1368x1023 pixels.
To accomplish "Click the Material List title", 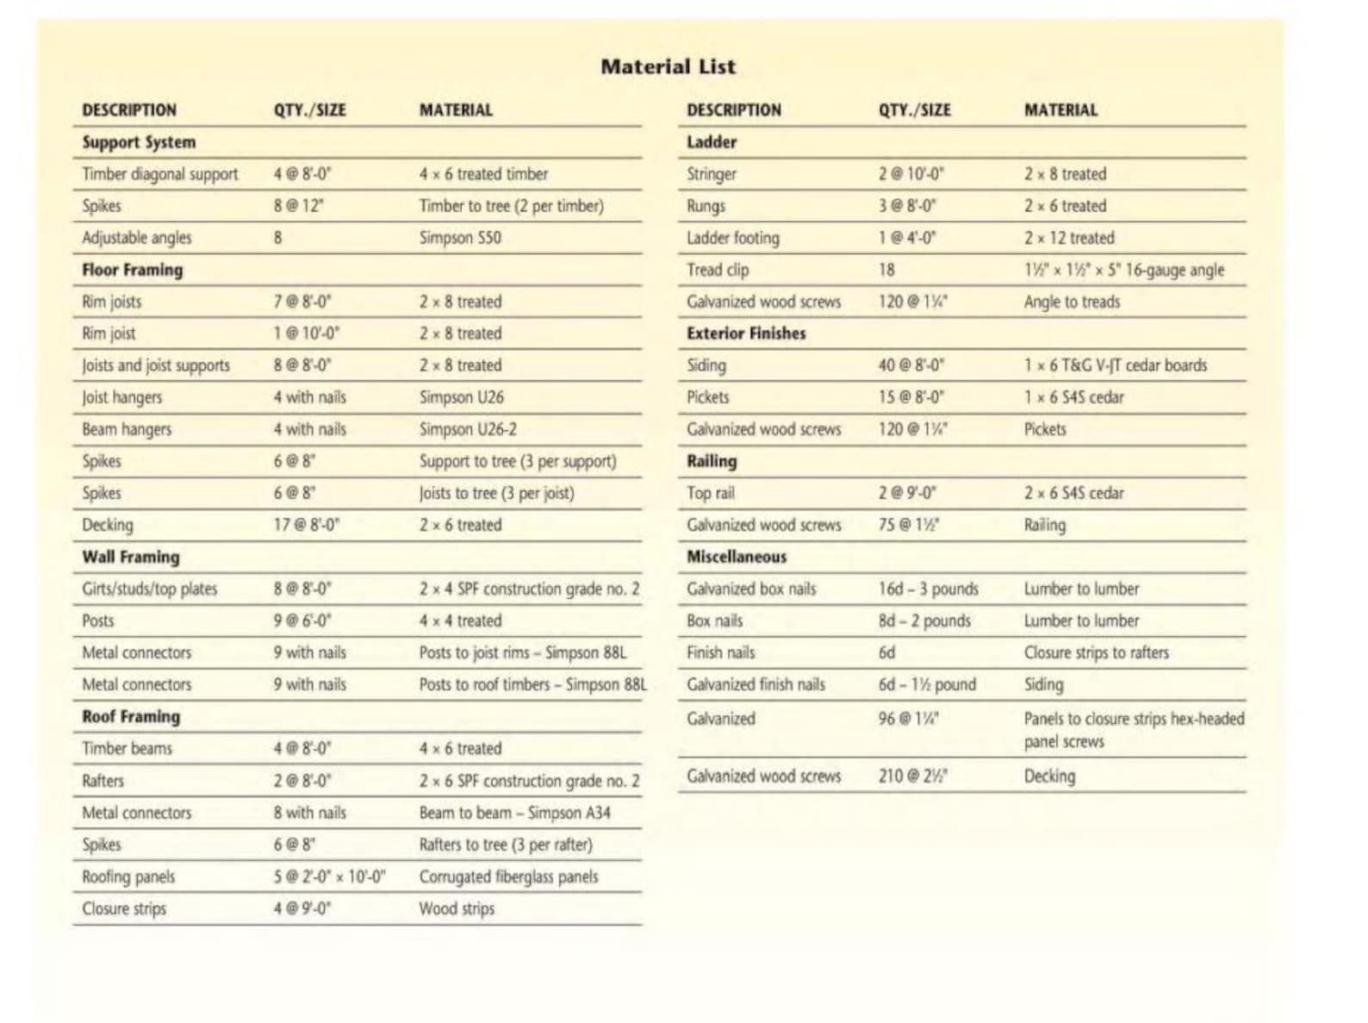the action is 668,66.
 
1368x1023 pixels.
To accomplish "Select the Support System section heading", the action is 139,143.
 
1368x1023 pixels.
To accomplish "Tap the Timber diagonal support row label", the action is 160,174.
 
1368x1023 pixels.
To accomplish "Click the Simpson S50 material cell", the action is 460,238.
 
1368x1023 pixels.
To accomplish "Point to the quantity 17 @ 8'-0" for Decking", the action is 307,525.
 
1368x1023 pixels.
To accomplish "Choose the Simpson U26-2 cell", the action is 468,429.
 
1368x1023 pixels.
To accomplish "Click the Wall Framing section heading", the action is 131,557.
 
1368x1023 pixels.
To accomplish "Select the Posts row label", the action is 98,621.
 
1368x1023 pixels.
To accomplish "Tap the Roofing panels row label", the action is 128,877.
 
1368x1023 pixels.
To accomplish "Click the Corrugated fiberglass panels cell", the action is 508,877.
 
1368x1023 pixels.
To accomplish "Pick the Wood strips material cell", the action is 457,909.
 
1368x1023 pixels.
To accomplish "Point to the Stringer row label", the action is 711,174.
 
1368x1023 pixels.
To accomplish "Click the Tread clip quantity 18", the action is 886,270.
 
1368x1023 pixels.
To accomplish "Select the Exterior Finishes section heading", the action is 746,334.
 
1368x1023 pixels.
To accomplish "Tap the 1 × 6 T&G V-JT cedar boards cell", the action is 1116,365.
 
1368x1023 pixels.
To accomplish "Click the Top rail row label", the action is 711,493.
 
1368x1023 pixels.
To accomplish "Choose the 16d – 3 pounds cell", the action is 929,589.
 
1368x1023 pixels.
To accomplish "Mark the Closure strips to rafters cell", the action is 1097,652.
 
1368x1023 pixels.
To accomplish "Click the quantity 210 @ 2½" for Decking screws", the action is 913,777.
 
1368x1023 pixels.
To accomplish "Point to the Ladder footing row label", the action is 733,238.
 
